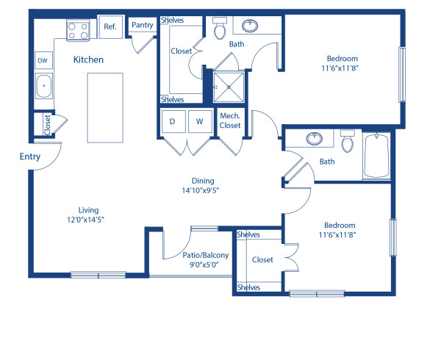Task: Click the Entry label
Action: (x=30, y=156)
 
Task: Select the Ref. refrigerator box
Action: (x=110, y=27)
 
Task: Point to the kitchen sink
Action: (x=44, y=86)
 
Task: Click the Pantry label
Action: (x=142, y=25)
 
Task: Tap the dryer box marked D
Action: (x=172, y=121)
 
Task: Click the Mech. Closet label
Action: (x=229, y=120)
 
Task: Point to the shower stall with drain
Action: (x=229, y=87)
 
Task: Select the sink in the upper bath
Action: (x=251, y=26)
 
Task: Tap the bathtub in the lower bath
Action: (x=377, y=156)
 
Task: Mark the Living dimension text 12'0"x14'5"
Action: (x=89, y=219)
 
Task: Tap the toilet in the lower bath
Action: (x=348, y=139)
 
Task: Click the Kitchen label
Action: (x=87, y=60)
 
